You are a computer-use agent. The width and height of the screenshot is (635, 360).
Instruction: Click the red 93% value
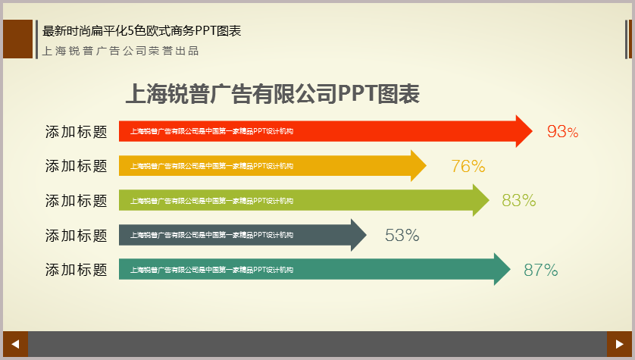click(562, 131)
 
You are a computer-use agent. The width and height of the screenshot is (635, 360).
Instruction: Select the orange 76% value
click(468, 166)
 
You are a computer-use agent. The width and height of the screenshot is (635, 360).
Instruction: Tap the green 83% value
click(519, 200)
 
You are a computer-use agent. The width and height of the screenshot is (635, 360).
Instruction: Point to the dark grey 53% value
click(402, 235)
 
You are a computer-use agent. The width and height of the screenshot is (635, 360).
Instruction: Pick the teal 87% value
click(540, 270)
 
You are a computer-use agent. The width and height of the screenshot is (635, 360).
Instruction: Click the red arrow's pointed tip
click(533, 131)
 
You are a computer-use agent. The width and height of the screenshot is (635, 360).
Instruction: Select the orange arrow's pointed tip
click(427, 166)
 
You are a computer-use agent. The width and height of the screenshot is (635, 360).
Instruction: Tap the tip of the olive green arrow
click(490, 200)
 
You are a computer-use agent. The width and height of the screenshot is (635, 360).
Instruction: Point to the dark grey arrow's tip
click(367, 235)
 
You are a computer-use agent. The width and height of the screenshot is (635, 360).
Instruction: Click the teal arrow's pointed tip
click(510, 269)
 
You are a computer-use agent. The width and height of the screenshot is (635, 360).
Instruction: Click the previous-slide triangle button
click(15, 344)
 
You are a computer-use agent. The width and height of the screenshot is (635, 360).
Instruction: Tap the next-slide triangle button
click(619, 344)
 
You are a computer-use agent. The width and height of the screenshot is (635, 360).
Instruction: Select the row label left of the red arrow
click(76, 132)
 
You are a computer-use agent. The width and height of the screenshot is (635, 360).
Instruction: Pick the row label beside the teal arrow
click(76, 270)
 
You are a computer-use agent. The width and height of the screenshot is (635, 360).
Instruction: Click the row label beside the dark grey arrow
click(76, 235)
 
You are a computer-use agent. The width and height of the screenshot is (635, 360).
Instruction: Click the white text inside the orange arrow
click(211, 166)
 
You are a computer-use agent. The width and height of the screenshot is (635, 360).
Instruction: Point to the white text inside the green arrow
click(211, 200)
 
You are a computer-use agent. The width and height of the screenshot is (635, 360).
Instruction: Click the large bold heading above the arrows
click(273, 93)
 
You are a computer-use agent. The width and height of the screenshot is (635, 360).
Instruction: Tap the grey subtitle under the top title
click(120, 51)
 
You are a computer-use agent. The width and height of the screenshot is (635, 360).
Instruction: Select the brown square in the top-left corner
click(18, 39)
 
